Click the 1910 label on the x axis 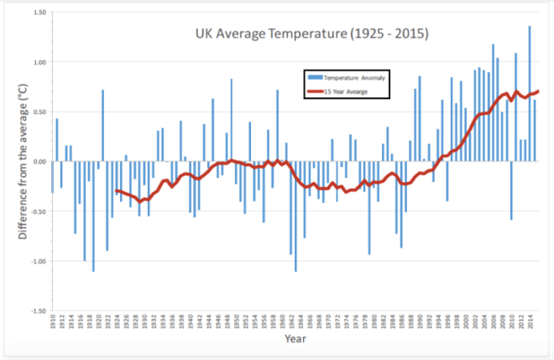[x=52, y=322]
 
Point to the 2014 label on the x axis [x=530, y=322]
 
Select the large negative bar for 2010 [x=511, y=190]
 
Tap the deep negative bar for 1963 [x=295, y=216]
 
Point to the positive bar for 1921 [x=102, y=126]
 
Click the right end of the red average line [x=538, y=91]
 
